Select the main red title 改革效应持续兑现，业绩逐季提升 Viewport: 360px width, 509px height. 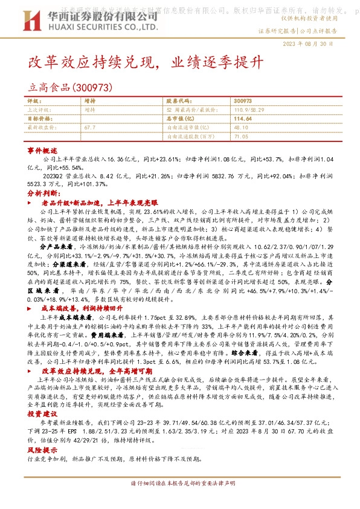(146, 62)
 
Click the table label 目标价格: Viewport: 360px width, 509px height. (39, 120)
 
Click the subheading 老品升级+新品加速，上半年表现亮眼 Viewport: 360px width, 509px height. (98, 204)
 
